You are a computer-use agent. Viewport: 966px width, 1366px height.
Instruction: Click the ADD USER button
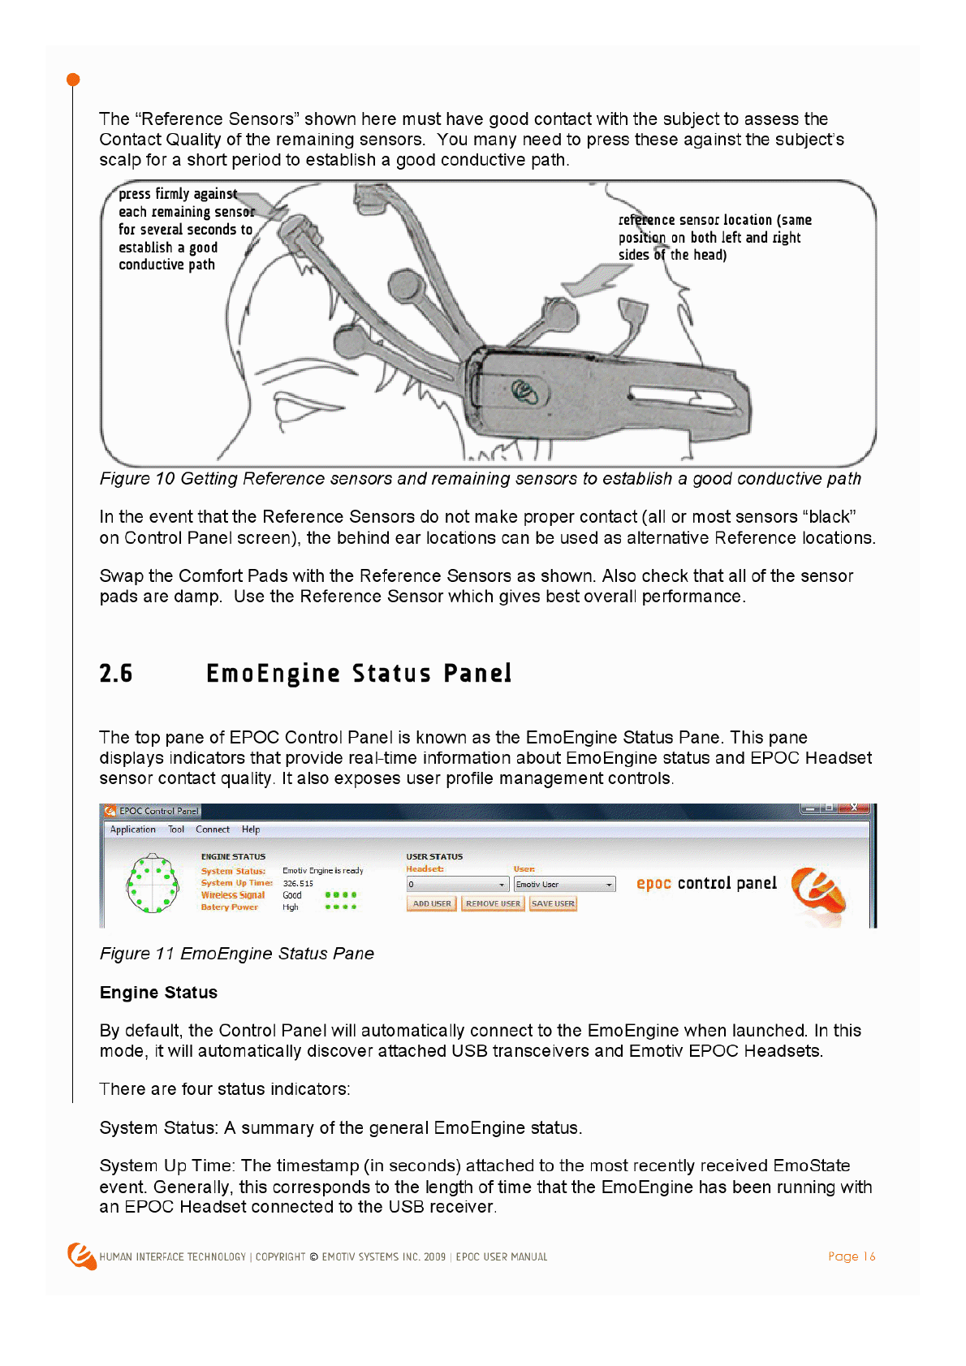(431, 903)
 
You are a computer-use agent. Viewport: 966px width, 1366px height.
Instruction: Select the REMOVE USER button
(493, 903)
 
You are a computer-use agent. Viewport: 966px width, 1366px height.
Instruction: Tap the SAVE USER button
(553, 903)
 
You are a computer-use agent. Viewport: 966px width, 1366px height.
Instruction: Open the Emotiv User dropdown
(564, 885)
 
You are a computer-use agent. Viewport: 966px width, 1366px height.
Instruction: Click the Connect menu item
(213, 830)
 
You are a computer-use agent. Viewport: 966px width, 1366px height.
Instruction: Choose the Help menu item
(251, 830)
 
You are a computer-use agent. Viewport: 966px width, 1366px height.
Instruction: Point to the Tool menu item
(176, 830)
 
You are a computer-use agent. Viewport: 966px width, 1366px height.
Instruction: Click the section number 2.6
(116, 674)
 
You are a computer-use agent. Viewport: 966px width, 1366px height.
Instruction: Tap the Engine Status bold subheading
(158, 993)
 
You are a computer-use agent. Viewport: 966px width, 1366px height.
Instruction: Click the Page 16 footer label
(852, 1256)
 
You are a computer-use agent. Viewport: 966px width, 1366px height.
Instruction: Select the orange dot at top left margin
(73, 80)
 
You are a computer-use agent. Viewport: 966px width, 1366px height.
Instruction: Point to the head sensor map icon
(153, 883)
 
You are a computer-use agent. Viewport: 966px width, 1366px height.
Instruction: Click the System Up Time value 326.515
(298, 883)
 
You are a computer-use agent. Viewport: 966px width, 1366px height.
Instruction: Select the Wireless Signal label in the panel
(233, 895)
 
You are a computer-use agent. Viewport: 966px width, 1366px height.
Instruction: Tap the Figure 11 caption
(236, 954)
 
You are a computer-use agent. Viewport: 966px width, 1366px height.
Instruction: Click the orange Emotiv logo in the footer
(81, 1256)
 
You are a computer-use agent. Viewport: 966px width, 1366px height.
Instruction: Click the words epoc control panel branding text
(706, 883)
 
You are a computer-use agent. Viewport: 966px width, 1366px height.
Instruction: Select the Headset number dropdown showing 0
(457, 885)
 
